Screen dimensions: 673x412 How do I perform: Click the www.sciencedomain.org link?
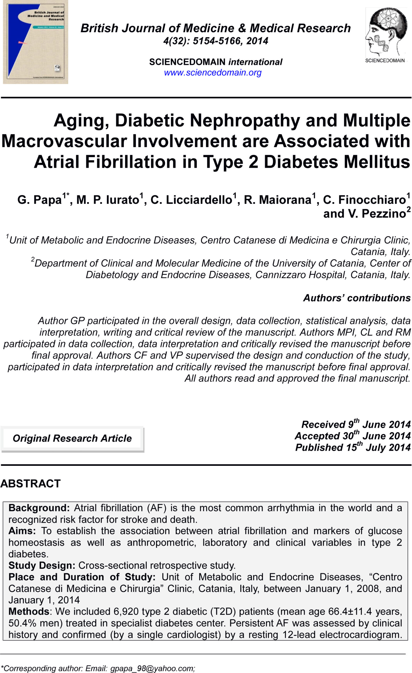pyautogui.click(x=212, y=73)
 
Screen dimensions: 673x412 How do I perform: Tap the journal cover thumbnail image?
pyautogui.click(x=35, y=42)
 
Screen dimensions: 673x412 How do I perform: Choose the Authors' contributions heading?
pyautogui.click(x=357, y=298)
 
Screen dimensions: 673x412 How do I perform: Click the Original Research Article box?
pyautogui.click(x=72, y=439)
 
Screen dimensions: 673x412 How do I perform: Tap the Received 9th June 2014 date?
pyautogui.click(x=356, y=425)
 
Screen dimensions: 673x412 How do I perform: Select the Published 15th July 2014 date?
pyautogui.click(x=353, y=447)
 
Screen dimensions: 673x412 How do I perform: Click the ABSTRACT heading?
pyautogui.click(x=30, y=484)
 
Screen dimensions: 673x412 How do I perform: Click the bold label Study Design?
pyautogui.click(x=42, y=565)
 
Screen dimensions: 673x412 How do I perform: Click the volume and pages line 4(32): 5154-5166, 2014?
pyautogui.click(x=216, y=41)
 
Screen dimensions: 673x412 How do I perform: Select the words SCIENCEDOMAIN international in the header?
pyautogui.click(x=216, y=62)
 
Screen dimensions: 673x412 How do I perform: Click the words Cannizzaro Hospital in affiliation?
pyautogui.click(x=300, y=275)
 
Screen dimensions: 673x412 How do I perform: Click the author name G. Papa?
pyautogui.click(x=40, y=200)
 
